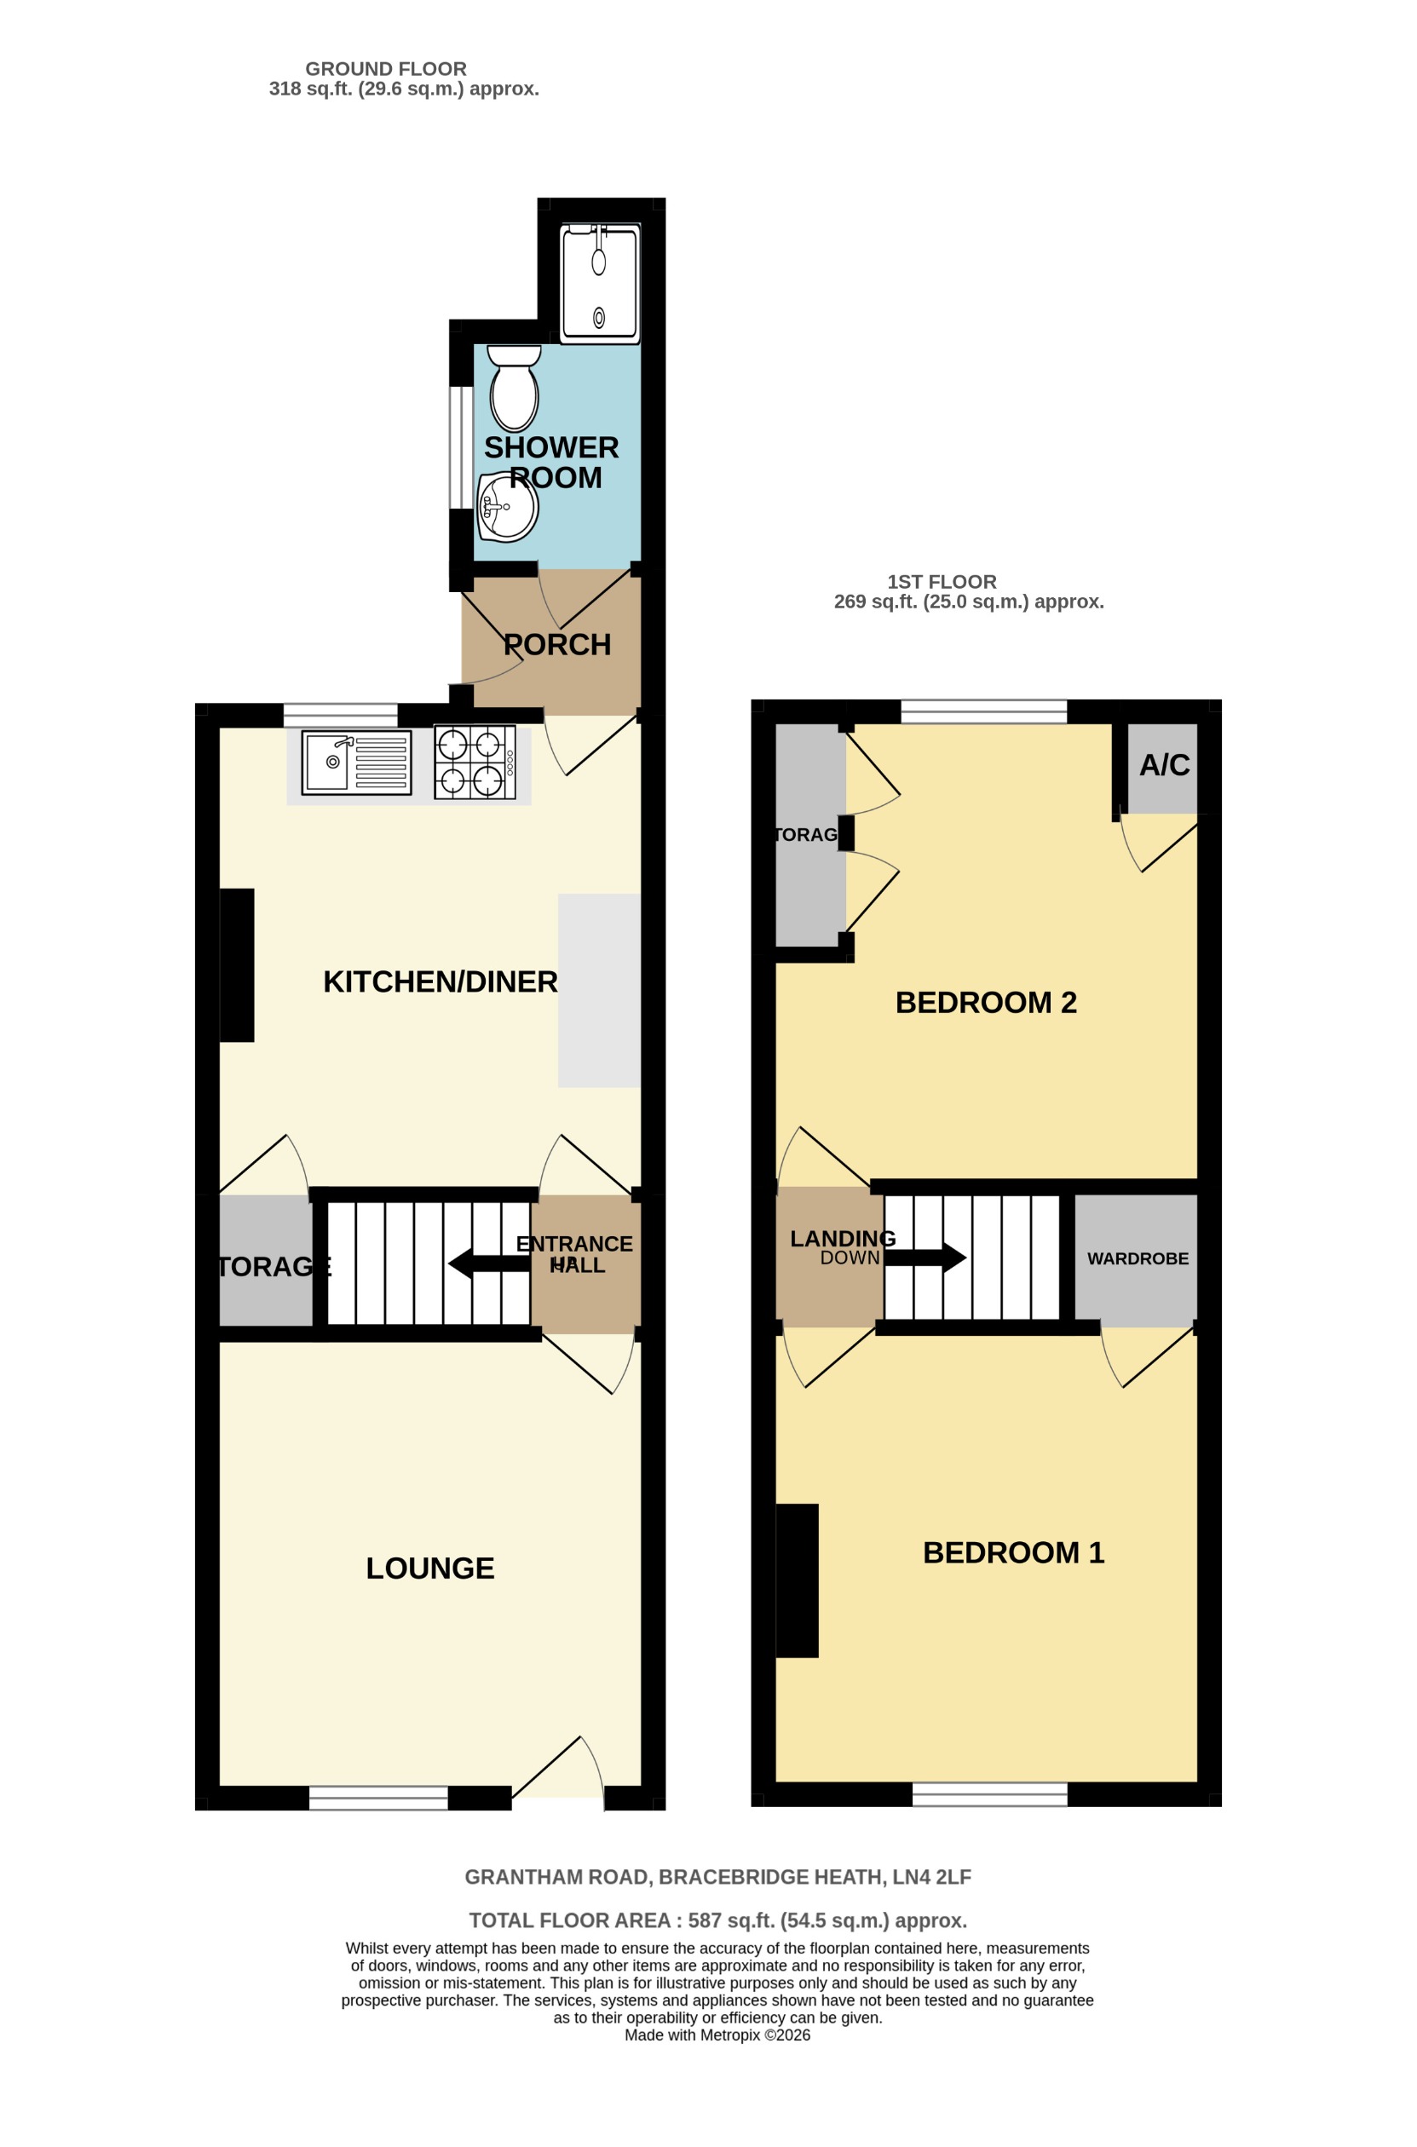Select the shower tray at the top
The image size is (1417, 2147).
(599, 284)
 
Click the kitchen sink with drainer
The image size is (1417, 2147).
(356, 763)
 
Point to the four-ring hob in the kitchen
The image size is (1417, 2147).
(475, 762)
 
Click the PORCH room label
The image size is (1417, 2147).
(556, 644)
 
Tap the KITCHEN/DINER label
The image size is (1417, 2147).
(441, 982)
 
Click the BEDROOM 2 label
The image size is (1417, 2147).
(986, 1002)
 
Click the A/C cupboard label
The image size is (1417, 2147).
(1164, 765)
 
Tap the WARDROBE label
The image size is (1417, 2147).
(1138, 1258)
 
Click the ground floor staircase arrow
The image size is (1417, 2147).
(489, 1263)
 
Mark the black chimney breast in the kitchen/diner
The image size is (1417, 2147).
(237, 965)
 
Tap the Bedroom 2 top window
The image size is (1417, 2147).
(984, 712)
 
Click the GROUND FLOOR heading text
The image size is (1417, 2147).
(386, 69)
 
